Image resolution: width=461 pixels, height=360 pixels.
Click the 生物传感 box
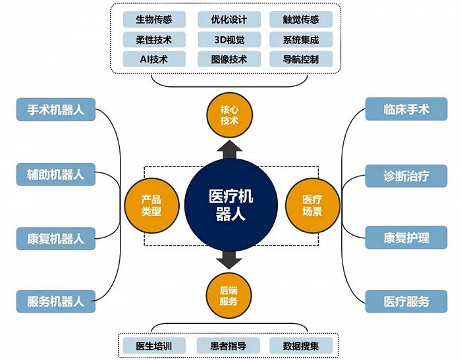(154, 19)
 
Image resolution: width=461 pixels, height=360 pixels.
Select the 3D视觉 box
(229, 39)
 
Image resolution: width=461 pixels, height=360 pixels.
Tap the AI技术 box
(154, 59)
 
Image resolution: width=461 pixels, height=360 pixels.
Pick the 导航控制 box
(301, 59)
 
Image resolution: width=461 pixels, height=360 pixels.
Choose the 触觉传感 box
(301, 19)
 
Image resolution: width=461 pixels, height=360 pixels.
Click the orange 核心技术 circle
(229, 115)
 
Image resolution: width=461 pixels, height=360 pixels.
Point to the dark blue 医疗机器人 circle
(230, 205)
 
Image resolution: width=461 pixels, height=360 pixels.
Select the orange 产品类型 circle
(151, 205)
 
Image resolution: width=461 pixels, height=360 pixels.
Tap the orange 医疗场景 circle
(313, 205)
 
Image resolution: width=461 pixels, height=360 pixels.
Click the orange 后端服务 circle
(229, 296)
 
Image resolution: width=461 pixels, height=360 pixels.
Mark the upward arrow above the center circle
(230, 150)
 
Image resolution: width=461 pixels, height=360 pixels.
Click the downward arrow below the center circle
(229, 260)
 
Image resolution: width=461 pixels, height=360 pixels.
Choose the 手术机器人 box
(56, 110)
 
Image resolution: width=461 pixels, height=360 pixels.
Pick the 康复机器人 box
(56, 238)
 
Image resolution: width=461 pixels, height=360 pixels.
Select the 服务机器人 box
(56, 301)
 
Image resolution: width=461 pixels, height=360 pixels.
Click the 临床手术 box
(406, 109)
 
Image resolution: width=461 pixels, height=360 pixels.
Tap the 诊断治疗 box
(406, 176)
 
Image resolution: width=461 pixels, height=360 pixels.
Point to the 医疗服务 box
(406, 301)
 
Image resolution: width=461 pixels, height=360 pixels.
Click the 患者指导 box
(228, 346)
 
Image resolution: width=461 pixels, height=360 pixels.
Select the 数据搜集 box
(301, 346)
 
